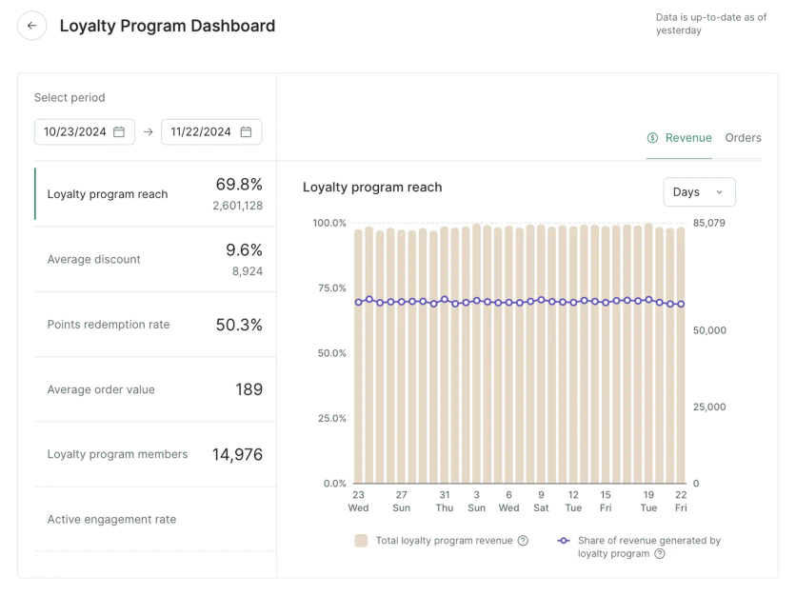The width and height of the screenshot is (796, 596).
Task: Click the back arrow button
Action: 32,26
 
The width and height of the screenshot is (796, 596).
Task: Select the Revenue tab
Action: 679,138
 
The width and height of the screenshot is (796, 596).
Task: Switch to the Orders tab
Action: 743,138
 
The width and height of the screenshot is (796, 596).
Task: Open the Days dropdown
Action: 699,192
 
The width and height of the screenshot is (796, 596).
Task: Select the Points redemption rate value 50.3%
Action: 239,325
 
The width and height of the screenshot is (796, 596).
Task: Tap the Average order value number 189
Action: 249,389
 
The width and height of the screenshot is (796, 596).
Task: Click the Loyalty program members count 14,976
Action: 237,454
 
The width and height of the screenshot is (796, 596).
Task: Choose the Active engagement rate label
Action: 111,520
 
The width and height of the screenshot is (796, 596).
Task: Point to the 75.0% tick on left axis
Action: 329,288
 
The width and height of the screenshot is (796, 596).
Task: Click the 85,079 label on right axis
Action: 709,224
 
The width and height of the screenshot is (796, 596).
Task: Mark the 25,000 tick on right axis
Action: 709,407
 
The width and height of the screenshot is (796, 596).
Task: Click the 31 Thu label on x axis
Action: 445,502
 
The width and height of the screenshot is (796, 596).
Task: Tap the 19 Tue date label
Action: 648,502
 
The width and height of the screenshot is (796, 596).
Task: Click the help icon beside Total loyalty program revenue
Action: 523,541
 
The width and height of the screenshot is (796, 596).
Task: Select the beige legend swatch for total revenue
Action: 361,541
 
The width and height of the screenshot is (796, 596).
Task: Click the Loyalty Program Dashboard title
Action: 168,26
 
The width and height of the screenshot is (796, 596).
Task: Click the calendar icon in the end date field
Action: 246,132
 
